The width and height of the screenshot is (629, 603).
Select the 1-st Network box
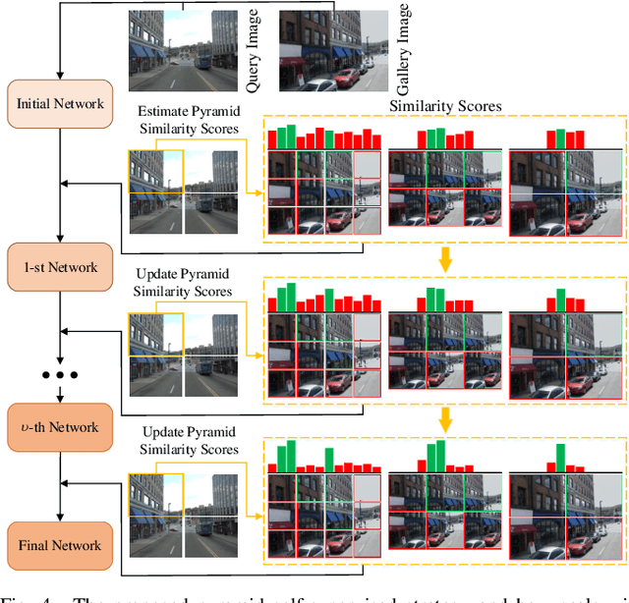pyautogui.click(x=61, y=267)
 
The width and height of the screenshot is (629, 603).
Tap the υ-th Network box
pyautogui.click(x=61, y=427)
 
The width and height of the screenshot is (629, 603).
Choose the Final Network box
pyautogui.click(x=61, y=545)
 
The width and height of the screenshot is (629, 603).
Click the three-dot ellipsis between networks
pyautogui.click(x=61, y=376)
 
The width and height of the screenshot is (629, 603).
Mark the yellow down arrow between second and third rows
pyautogui.click(x=445, y=420)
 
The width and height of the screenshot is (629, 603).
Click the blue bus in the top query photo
pyautogui.click(x=203, y=61)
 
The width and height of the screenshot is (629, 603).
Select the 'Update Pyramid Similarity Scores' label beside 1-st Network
pyautogui.click(x=185, y=281)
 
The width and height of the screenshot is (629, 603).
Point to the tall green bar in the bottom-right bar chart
pyautogui.click(x=561, y=456)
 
